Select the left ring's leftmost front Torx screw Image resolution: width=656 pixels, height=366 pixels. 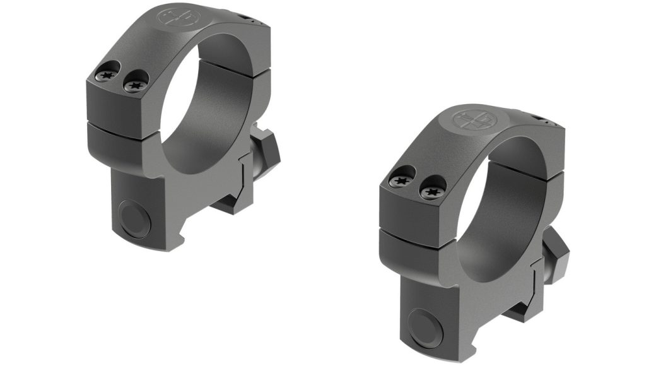click(x=105, y=75)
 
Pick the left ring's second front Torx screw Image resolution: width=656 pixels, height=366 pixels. click(x=134, y=83)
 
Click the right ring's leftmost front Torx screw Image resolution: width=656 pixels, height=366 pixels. click(x=400, y=181)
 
